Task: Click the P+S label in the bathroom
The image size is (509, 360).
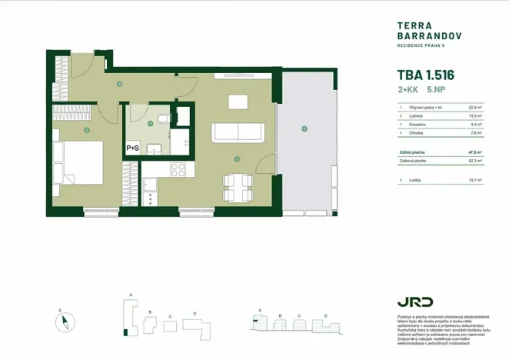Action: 132,148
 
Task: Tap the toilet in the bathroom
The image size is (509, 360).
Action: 162,118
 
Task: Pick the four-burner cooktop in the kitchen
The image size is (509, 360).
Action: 178,170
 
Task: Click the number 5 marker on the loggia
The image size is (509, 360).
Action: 304,128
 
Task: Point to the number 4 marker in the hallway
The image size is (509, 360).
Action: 119,84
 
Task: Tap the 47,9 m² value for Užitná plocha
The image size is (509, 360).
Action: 474,152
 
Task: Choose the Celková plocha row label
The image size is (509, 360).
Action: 413,161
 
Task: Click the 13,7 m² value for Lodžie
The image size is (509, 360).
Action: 474,180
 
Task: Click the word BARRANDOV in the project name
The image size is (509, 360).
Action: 420,35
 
